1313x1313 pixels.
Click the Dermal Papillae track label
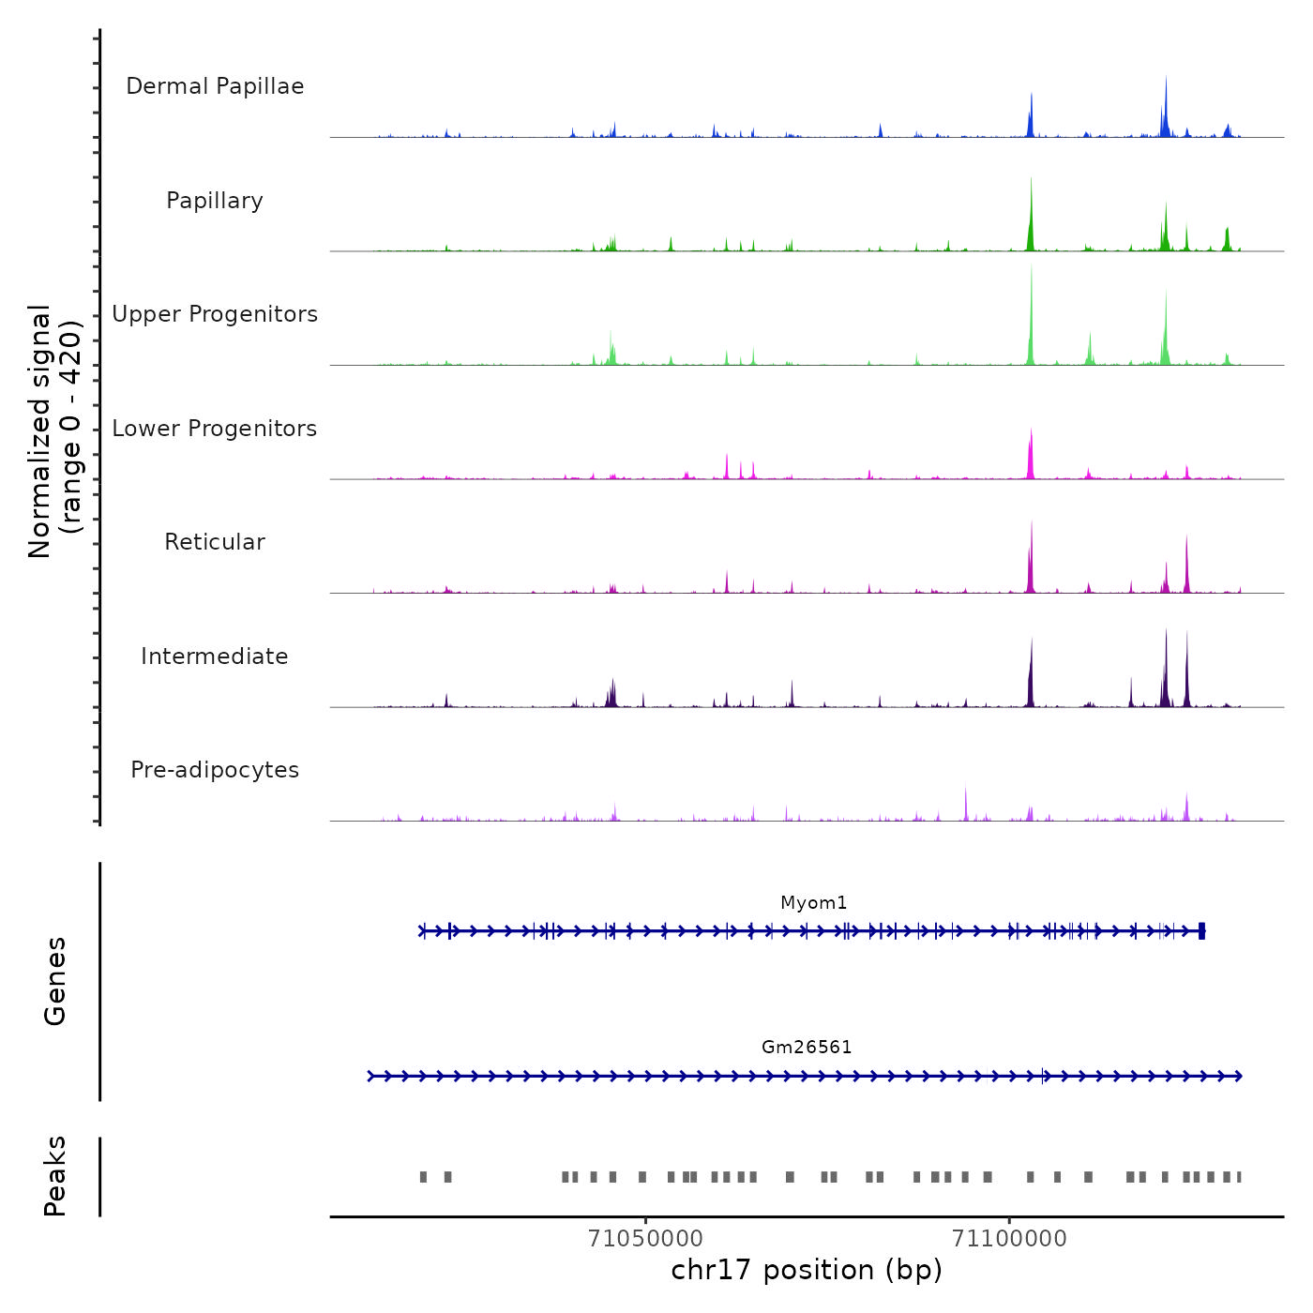click(215, 86)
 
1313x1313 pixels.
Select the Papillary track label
click(215, 201)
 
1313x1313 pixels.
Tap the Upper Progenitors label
click(215, 314)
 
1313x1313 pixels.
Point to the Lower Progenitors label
click(215, 429)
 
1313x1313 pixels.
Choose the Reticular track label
click(215, 542)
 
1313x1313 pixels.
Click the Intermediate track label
click(215, 656)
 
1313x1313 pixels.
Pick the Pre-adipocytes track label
click(215, 770)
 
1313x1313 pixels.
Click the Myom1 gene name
click(813, 903)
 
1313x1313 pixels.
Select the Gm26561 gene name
click(807, 1048)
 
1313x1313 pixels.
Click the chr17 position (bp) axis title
click(807, 1270)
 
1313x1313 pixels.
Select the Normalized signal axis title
click(54, 430)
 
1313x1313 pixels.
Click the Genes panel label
click(55, 981)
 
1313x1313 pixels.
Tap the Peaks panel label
click(55, 1176)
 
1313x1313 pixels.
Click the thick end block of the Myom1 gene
click(1201, 930)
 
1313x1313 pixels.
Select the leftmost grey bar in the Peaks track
click(423, 1177)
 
